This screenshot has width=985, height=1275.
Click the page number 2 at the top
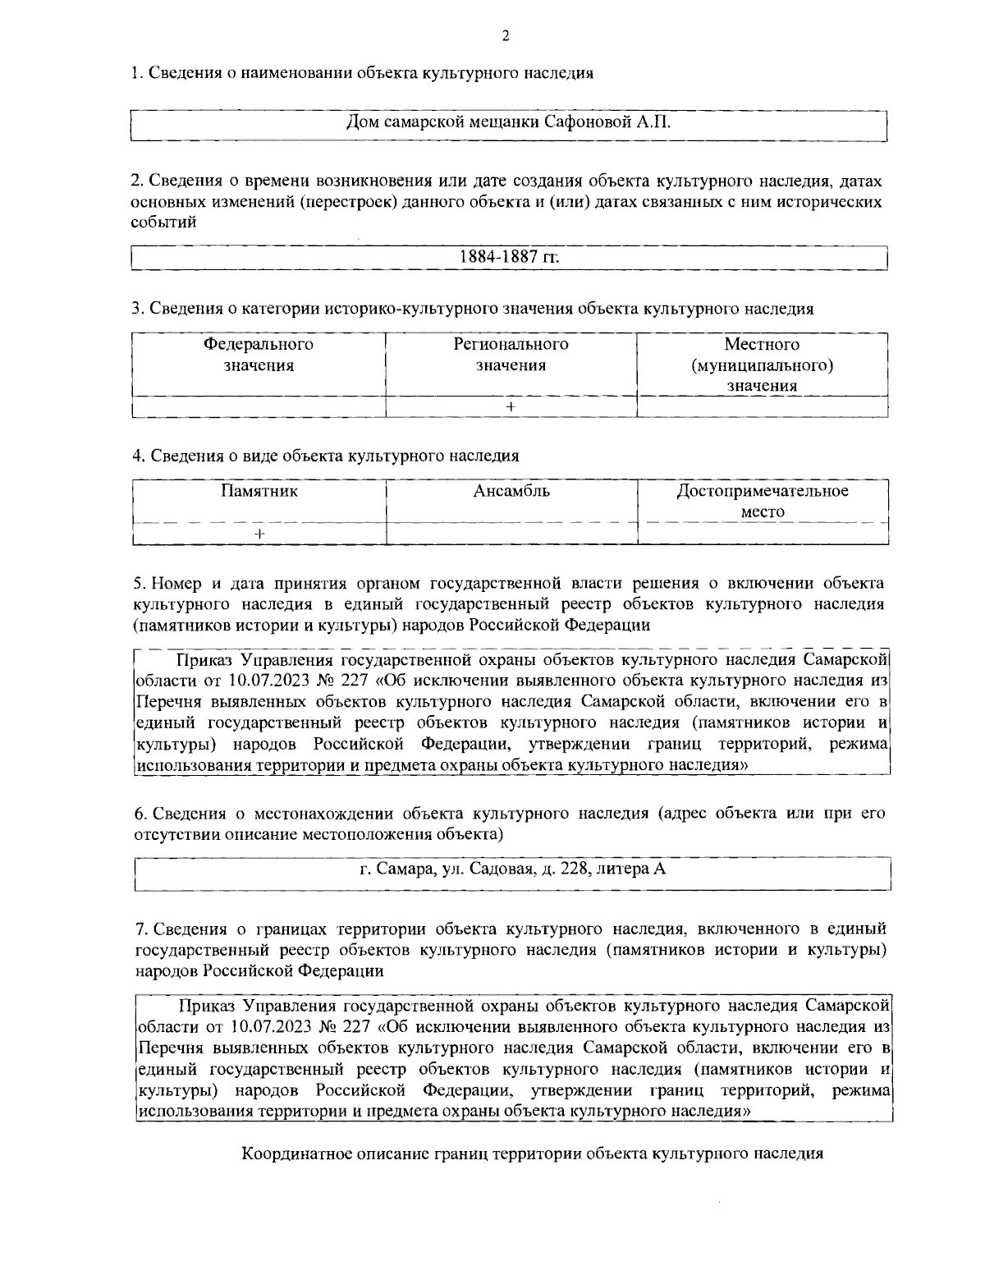506,34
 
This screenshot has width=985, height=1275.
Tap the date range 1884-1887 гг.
509,257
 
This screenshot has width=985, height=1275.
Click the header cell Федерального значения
259,355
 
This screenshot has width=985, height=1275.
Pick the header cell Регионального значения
511,355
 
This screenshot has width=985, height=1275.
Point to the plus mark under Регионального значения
511,406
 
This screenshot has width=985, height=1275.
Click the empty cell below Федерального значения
259,406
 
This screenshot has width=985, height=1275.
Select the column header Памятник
259,492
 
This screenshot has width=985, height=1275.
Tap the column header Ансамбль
511,492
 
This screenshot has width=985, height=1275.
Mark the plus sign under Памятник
259,534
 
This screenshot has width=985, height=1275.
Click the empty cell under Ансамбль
511,534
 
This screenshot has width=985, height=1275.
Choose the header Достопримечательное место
763,502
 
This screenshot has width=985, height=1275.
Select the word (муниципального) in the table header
763,365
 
